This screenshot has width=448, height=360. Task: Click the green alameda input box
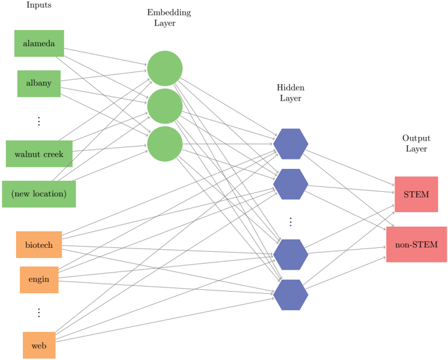39,43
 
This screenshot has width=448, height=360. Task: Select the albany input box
39,83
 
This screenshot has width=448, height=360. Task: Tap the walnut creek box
39,154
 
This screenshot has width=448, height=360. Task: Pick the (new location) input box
39,194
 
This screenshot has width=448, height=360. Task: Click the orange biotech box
39,245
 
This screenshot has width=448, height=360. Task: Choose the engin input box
39,280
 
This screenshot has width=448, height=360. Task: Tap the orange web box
39,345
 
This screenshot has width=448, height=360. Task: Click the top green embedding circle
165,68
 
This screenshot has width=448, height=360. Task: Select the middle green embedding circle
165,106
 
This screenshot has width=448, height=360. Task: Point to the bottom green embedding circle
165,144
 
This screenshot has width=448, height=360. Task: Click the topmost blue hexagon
291,144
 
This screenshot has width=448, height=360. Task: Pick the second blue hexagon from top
291,184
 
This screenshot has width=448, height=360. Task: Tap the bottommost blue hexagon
291,295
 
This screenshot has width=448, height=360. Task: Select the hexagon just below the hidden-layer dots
291,255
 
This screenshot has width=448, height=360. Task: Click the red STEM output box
416,194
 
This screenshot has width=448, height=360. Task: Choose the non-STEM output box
417,244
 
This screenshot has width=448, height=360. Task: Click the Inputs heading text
39,5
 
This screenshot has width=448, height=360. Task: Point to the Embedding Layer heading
169,17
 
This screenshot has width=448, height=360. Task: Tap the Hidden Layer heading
291,92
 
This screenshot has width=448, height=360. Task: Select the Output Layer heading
416,143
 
